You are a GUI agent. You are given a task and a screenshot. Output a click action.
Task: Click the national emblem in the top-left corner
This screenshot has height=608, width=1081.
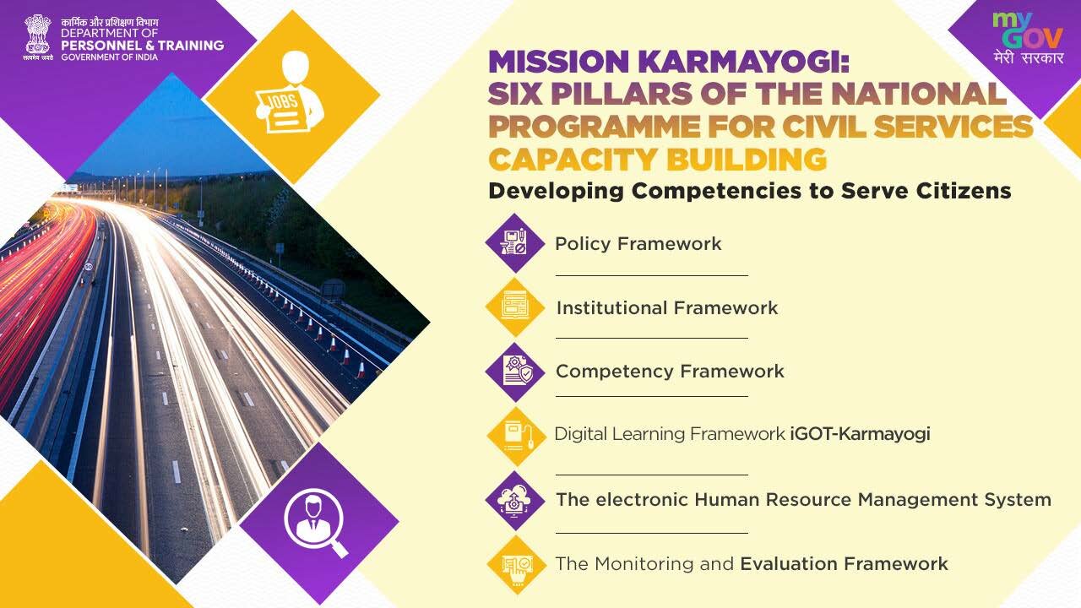(x=38, y=36)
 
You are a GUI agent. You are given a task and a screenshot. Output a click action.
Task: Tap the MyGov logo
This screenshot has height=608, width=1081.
(x=1029, y=38)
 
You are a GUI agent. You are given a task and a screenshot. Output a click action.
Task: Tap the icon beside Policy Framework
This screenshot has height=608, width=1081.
(x=515, y=242)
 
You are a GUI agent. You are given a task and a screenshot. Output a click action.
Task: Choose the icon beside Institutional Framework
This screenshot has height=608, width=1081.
(x=515, y=307)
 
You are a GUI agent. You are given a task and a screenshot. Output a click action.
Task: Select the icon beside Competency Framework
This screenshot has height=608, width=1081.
(x=515, y=372)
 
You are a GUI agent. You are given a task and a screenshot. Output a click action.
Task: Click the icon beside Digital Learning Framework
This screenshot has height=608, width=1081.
(x=516, y=437)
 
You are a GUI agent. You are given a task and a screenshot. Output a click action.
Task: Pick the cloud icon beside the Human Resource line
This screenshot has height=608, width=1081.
(x=515, y=501)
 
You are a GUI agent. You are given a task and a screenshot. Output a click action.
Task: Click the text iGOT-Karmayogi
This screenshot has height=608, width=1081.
(x=860, y=434)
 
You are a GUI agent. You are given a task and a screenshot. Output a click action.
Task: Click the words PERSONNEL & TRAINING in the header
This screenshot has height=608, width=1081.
(x=143, y=46)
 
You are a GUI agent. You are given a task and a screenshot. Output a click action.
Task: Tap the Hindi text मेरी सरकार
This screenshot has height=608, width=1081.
(x=1029, y=57)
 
